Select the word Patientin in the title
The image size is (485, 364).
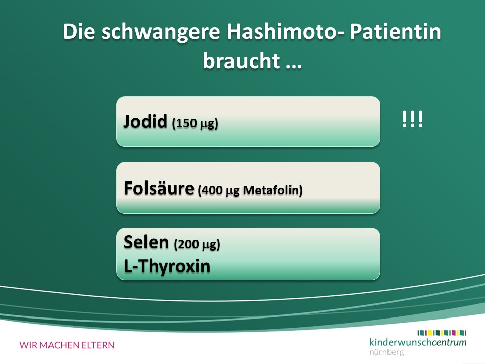(x=395, y=31)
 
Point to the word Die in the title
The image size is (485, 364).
(x=79, y=31)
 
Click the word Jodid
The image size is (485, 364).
(x=145, y=121)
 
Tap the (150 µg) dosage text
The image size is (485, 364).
(x=195, y=123)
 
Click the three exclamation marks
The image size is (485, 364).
(x=412, y=119)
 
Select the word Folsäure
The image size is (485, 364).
(x=159, y=188)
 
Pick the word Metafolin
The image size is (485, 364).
(x=272, y=190)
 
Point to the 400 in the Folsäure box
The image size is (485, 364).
(x=212, y=190)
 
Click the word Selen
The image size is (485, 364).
(x=146, y=242)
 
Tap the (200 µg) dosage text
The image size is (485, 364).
(x=197, y=244)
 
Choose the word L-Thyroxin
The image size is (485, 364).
(x=167, y=266)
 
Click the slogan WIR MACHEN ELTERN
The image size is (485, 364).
(x=67, y=345)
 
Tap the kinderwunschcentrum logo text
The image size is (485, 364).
(x=418, y=342)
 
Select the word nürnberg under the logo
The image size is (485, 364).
(x=386, y=352)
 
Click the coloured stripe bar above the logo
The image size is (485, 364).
(x=442, y=333)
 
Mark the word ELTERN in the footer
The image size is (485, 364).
(x=98, y=345)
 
